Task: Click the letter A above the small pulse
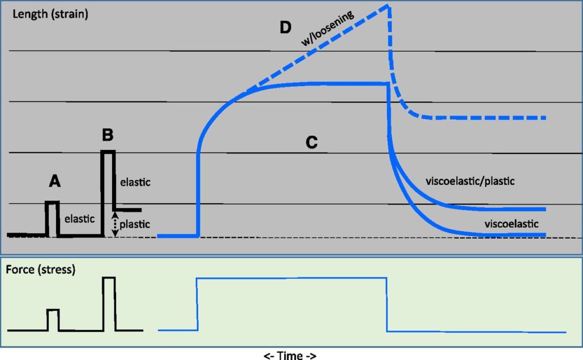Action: click(x=55, y=181)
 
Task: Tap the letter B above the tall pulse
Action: click(x=108, y=136)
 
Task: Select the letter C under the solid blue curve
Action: click(x=311, y=143)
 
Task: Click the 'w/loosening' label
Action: click(x=328, y=27)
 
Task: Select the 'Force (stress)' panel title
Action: click(x=40, y=269)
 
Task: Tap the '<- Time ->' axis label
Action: click(x=290, y=355)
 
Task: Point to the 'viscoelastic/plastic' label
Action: click(x=473, y=182)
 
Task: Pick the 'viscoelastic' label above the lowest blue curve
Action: click(x=511, y=224)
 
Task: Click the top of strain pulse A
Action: click(x=52, y=203)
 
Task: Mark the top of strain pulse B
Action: click(x=109, y=151)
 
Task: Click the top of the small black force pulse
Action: click(x=53, y=310)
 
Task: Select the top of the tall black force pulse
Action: click(x=109, y=277)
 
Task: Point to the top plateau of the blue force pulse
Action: click(x=291, y=278)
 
